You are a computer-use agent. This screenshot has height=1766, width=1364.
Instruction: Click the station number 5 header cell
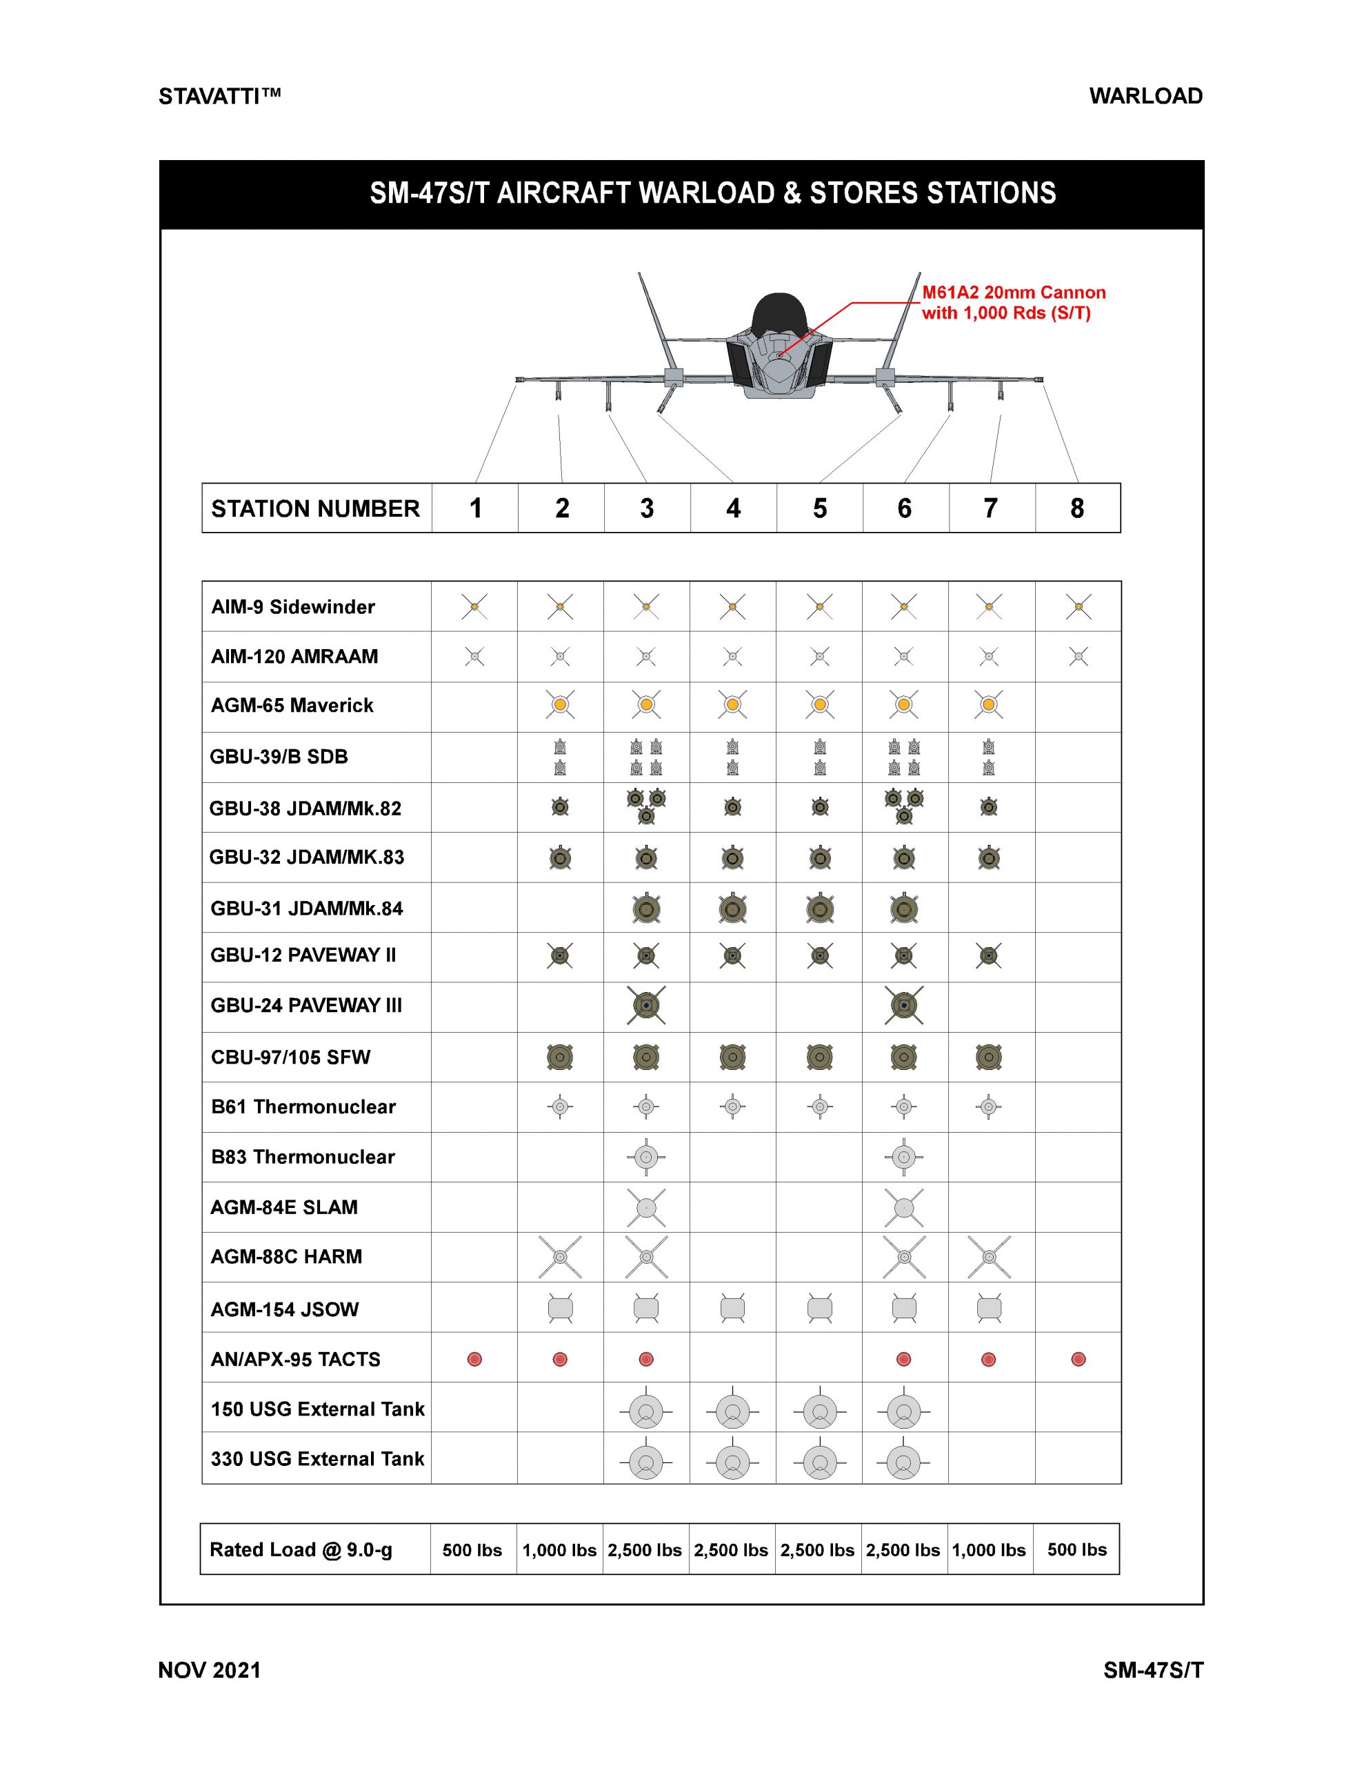coord(819,508)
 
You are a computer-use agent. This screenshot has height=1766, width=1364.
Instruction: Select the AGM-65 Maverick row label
coord(292,706)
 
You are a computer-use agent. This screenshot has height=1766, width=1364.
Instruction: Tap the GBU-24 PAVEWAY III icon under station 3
coord(646,1006)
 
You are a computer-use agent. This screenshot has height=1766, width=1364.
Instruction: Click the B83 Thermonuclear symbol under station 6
coord(904,1157)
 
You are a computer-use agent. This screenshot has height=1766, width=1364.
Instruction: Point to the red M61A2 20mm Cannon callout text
coord(1013,302)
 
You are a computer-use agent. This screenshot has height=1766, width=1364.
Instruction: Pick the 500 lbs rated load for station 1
coord(472,1550)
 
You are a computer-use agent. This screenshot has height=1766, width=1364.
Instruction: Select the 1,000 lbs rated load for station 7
coord(989,1550)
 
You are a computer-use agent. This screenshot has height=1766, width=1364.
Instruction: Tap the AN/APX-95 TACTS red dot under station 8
coord(1078,1359)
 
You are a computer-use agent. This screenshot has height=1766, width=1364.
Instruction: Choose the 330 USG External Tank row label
coord(317,1459)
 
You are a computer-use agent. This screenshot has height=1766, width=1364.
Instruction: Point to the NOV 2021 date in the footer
coord(210,1671)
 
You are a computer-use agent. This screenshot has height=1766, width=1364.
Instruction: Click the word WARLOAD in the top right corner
coord(1145,96)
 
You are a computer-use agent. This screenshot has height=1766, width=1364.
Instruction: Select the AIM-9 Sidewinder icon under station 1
coord(474,606)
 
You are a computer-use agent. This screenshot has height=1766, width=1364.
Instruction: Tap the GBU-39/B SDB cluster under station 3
coord(646,757)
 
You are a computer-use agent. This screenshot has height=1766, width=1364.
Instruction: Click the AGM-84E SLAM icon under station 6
coord(904,1208)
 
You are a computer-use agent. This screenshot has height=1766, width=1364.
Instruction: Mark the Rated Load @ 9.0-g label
coord(301,1550)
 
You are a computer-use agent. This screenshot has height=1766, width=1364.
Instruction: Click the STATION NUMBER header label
coord(315,508)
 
